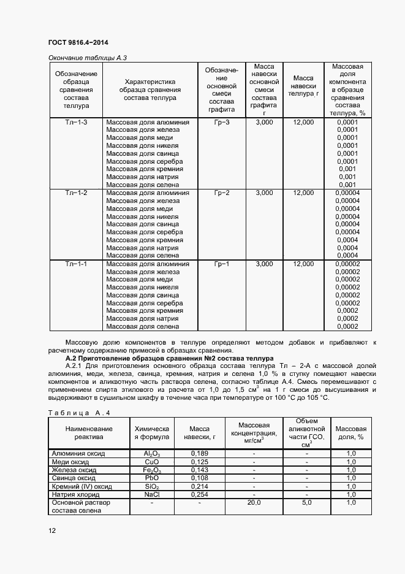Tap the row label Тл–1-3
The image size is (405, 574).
pos(77,123)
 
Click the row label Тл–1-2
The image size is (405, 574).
pos(77,193)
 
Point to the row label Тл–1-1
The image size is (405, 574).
pos(77,264)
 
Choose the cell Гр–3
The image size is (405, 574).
pos(222,123)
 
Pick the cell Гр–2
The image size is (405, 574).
pos(222,193)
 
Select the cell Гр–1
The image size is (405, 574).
pos(222,264)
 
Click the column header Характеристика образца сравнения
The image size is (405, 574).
pos(150,90)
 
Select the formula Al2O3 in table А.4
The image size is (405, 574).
pos(151,454)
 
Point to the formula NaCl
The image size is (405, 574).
pos(151,494)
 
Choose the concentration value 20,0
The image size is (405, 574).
pos(254,502)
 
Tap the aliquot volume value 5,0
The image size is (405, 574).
pos(306,502)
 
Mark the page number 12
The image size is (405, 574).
pos(52,530)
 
